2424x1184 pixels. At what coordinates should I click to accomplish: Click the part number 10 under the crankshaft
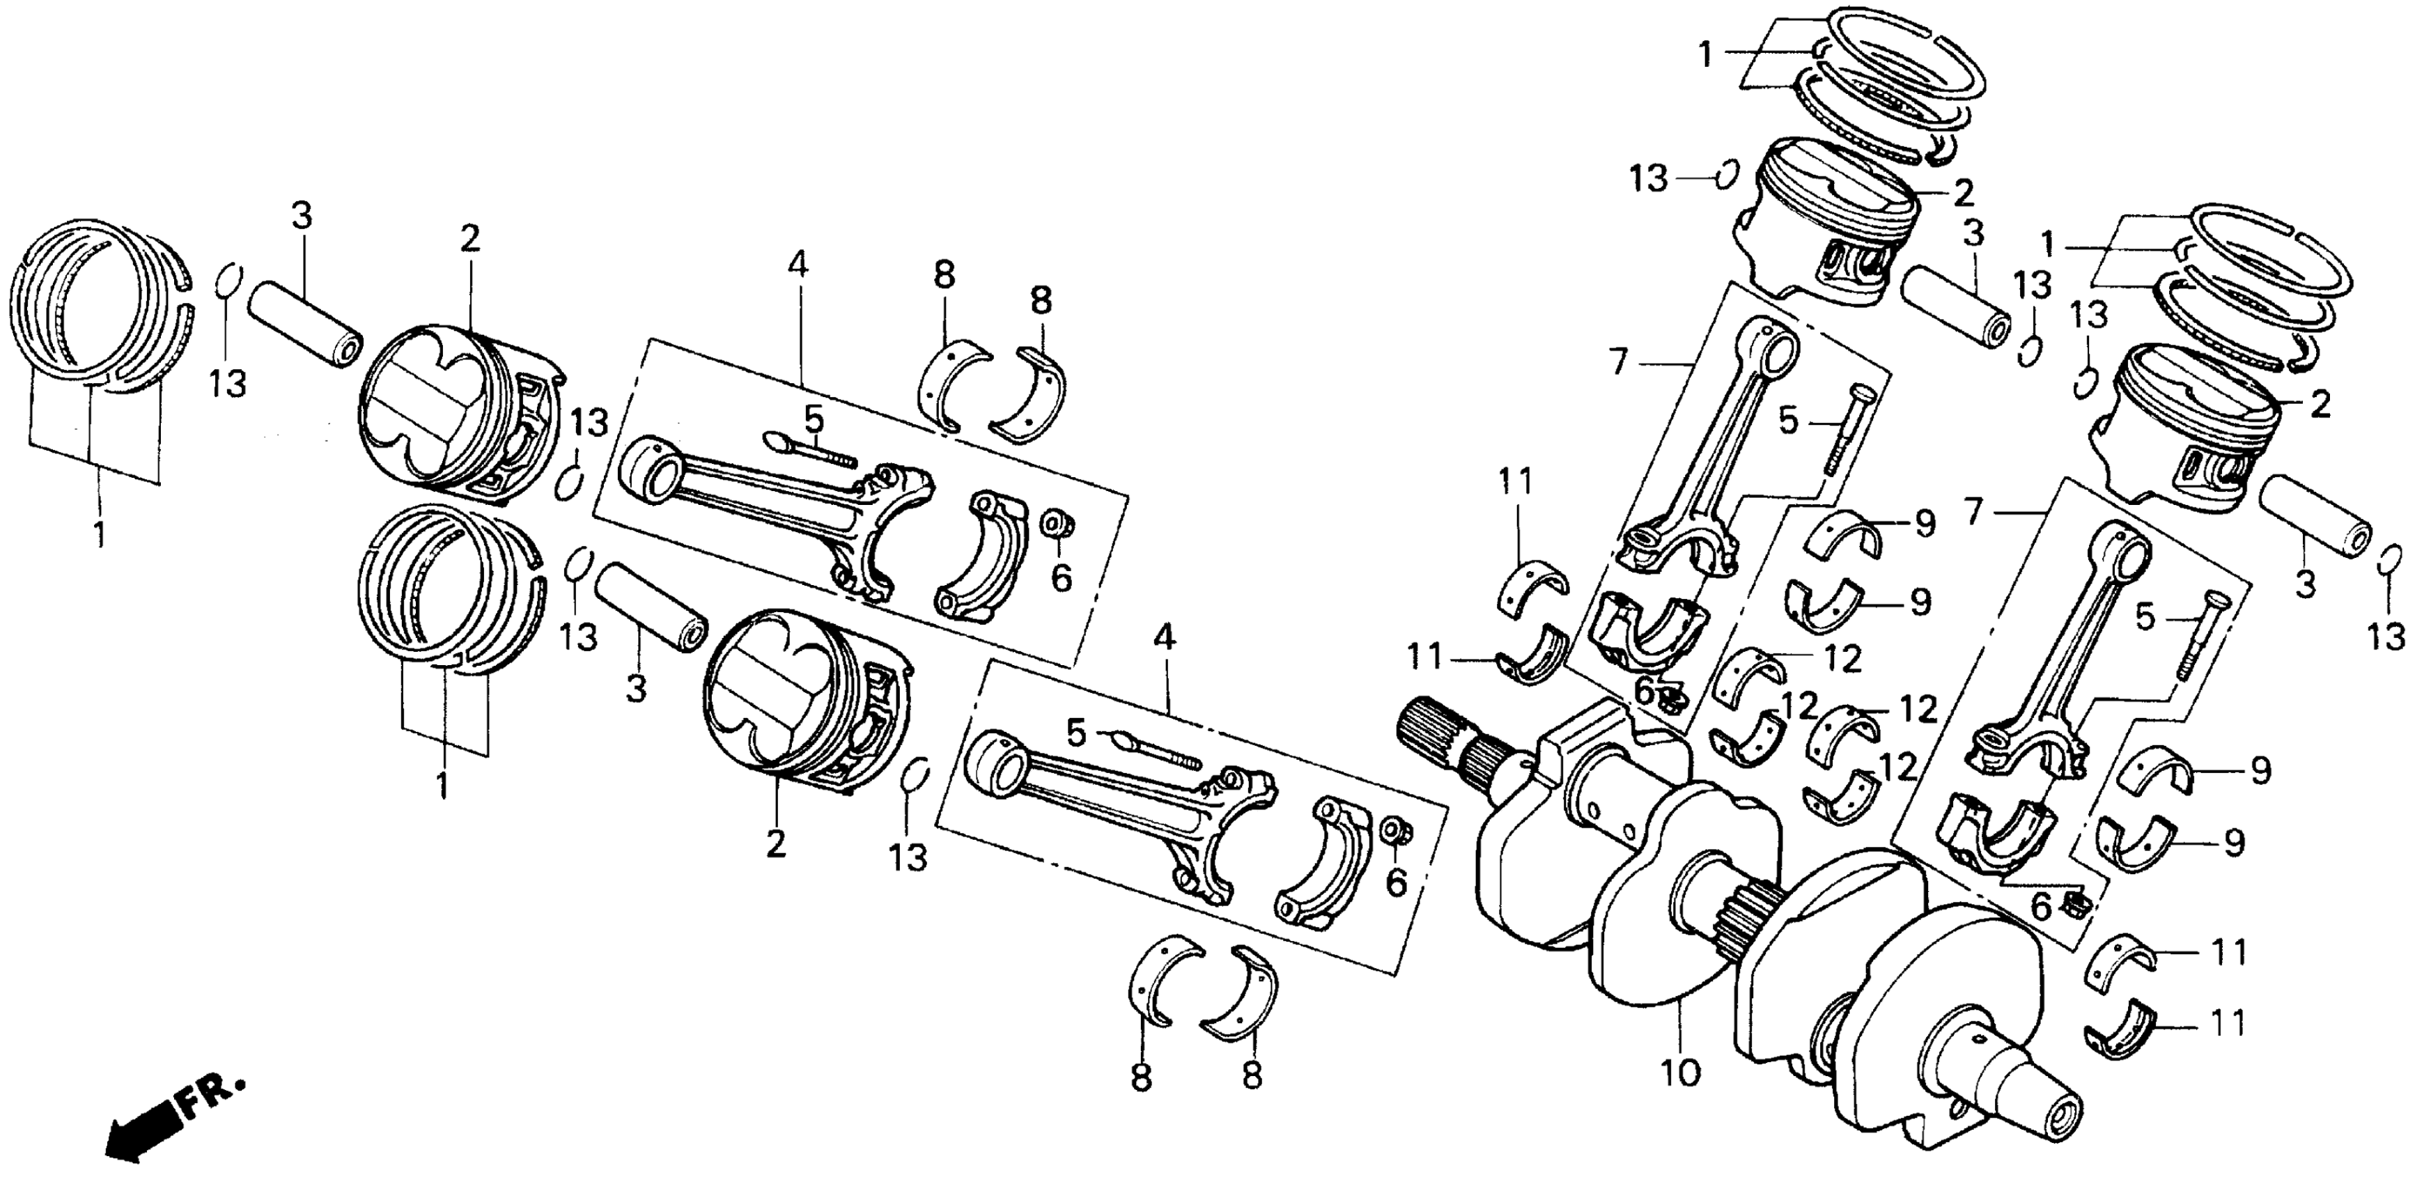point(1681,1072)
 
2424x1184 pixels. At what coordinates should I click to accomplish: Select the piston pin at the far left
point(305,320)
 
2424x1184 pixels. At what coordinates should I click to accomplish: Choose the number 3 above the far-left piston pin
point(301,217)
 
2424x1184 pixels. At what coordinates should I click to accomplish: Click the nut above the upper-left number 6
point(1057,522)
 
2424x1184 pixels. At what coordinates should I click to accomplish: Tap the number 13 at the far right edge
point(2386,638)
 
